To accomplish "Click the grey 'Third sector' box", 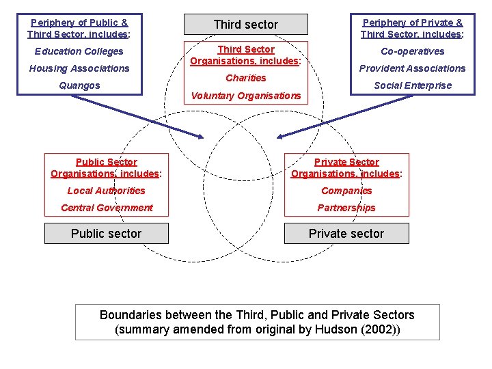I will click(246, 25).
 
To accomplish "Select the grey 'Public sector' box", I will click(106, 234).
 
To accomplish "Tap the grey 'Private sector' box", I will click(346, 234).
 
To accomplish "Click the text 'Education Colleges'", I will click(79, 51).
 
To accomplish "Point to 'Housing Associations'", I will click(79, 68).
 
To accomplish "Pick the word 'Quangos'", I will click(79, 85).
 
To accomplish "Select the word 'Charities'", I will click(246, 78).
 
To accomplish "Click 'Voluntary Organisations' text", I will click(246, 96).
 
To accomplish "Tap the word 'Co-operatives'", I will click(412, 51).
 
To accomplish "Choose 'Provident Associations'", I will click(412, 68).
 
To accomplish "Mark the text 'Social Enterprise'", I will click(412, 85).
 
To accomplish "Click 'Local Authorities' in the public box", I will click(106, 191).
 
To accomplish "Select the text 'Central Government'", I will click(107, 208).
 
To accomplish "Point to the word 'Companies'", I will click(346, 191).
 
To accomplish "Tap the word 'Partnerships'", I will click(346, 208).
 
